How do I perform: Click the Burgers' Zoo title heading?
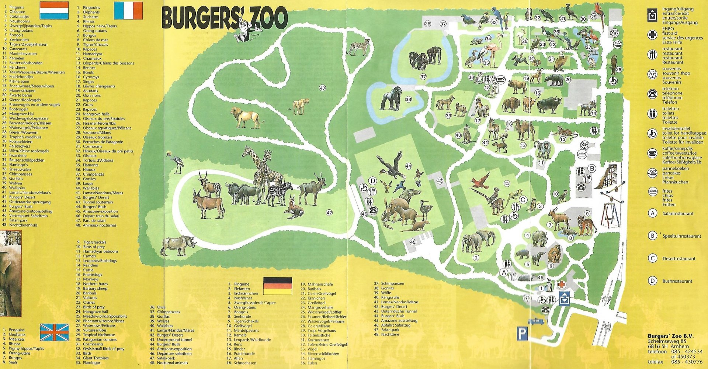pos(224,18)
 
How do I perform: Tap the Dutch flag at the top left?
pos(54,10)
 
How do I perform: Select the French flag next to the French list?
pos(128,10)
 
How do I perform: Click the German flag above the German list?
pos(277,286)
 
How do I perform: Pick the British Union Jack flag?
pos(54,332)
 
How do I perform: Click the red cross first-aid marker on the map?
pos(562,284)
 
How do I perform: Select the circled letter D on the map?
pos(373,181)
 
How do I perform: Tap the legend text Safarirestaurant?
pos(678,214)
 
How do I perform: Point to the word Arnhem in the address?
pos(679,346)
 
